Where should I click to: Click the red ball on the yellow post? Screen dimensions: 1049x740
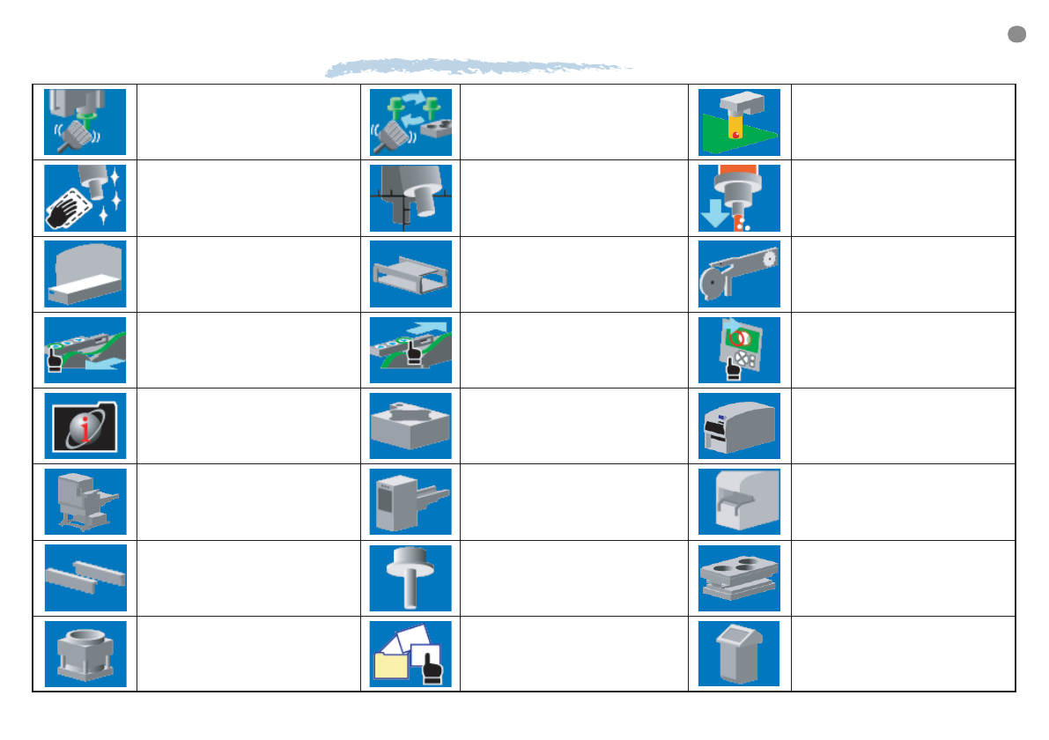point(731,134)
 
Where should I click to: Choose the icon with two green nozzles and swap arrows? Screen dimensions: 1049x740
point(410,122)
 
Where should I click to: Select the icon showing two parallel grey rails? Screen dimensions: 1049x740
point(85,578)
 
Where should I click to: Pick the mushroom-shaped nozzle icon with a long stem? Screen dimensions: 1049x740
point(410,577)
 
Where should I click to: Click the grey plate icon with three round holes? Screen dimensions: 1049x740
point(739,578)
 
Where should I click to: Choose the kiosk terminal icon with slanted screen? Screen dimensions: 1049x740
point(738,654)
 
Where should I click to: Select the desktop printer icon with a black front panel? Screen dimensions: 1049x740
point(739,425)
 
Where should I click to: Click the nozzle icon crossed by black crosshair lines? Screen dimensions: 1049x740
point(410,198)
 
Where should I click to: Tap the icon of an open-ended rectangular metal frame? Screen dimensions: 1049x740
point(410,274)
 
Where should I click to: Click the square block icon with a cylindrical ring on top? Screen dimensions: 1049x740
point(85,654)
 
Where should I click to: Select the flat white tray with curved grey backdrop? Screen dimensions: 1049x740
point(85,274)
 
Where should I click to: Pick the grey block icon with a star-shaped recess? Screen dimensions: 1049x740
point(410,425)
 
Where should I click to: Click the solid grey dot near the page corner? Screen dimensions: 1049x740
point(1016,34)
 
